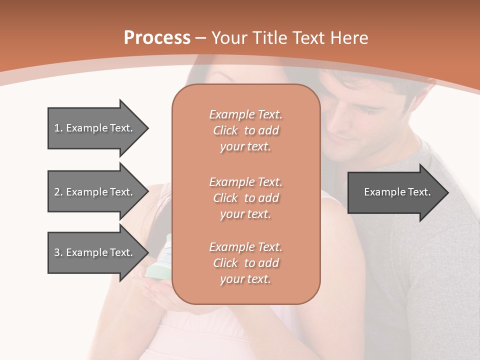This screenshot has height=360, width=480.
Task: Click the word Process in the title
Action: point(157,37)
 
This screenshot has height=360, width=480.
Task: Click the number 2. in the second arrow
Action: point(58,192)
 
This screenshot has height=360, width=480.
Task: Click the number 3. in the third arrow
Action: point(58,252)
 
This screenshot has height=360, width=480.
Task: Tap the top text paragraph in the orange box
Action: point(245,130)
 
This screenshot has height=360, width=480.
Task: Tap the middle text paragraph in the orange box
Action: point(245,197)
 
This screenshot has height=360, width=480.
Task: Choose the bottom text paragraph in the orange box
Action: point(245,263)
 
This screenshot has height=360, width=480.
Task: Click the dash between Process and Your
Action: point(201,37)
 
